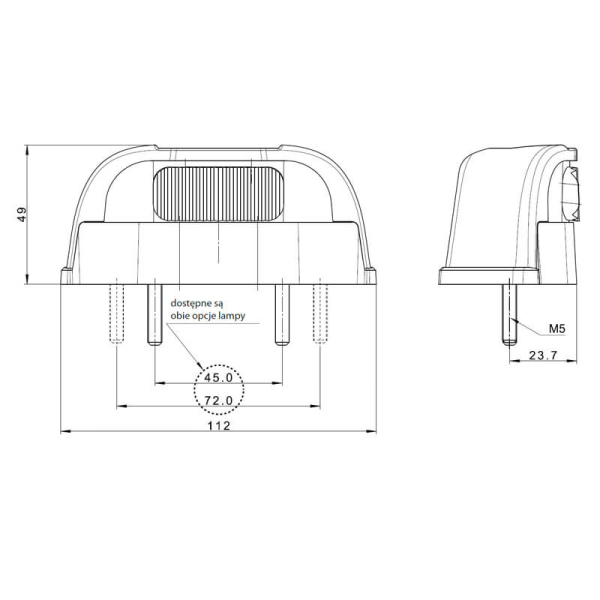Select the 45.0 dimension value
click(x=218, y=378)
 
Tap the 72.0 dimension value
click(x=218, y=401)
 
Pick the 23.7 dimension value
click(x=546, y=355)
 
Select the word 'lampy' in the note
click(x=254, y=314)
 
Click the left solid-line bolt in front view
click(x=154, y=312)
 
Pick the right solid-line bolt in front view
click(x=283, y=312)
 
